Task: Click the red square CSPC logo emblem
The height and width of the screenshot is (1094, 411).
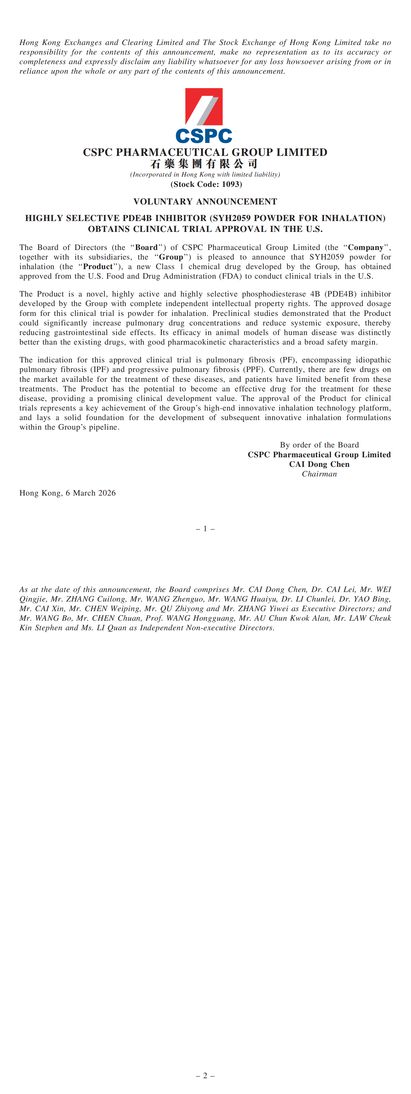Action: pyautogui.click(x=204, y=106)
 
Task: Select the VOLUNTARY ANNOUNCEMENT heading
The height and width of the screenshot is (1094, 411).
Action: pyautogui.click(x=205, y=202)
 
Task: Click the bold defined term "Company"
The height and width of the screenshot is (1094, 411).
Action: pyautogui.click(x=365, y=248)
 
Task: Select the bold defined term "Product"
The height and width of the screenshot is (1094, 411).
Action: pyautogui.click(x=98, y=267)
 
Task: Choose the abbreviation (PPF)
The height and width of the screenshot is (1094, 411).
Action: pyautogui.click(x=254, y=369)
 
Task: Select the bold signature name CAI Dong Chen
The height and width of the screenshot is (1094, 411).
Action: pyautogui.click(x=319, y=464)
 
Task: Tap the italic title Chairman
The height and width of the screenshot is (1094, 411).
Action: pyautogui.click(x=319, y=474)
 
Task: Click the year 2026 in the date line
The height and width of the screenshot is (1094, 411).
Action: pyautogui.click(x=106, y=493)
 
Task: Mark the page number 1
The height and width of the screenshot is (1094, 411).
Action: pyautogui.click(x=205, y=529)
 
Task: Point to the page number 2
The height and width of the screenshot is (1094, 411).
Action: pyautogui.click(x=205, y=1076)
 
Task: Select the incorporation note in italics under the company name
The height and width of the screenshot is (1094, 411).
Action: pyautogui.click(x=205, y=174)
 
